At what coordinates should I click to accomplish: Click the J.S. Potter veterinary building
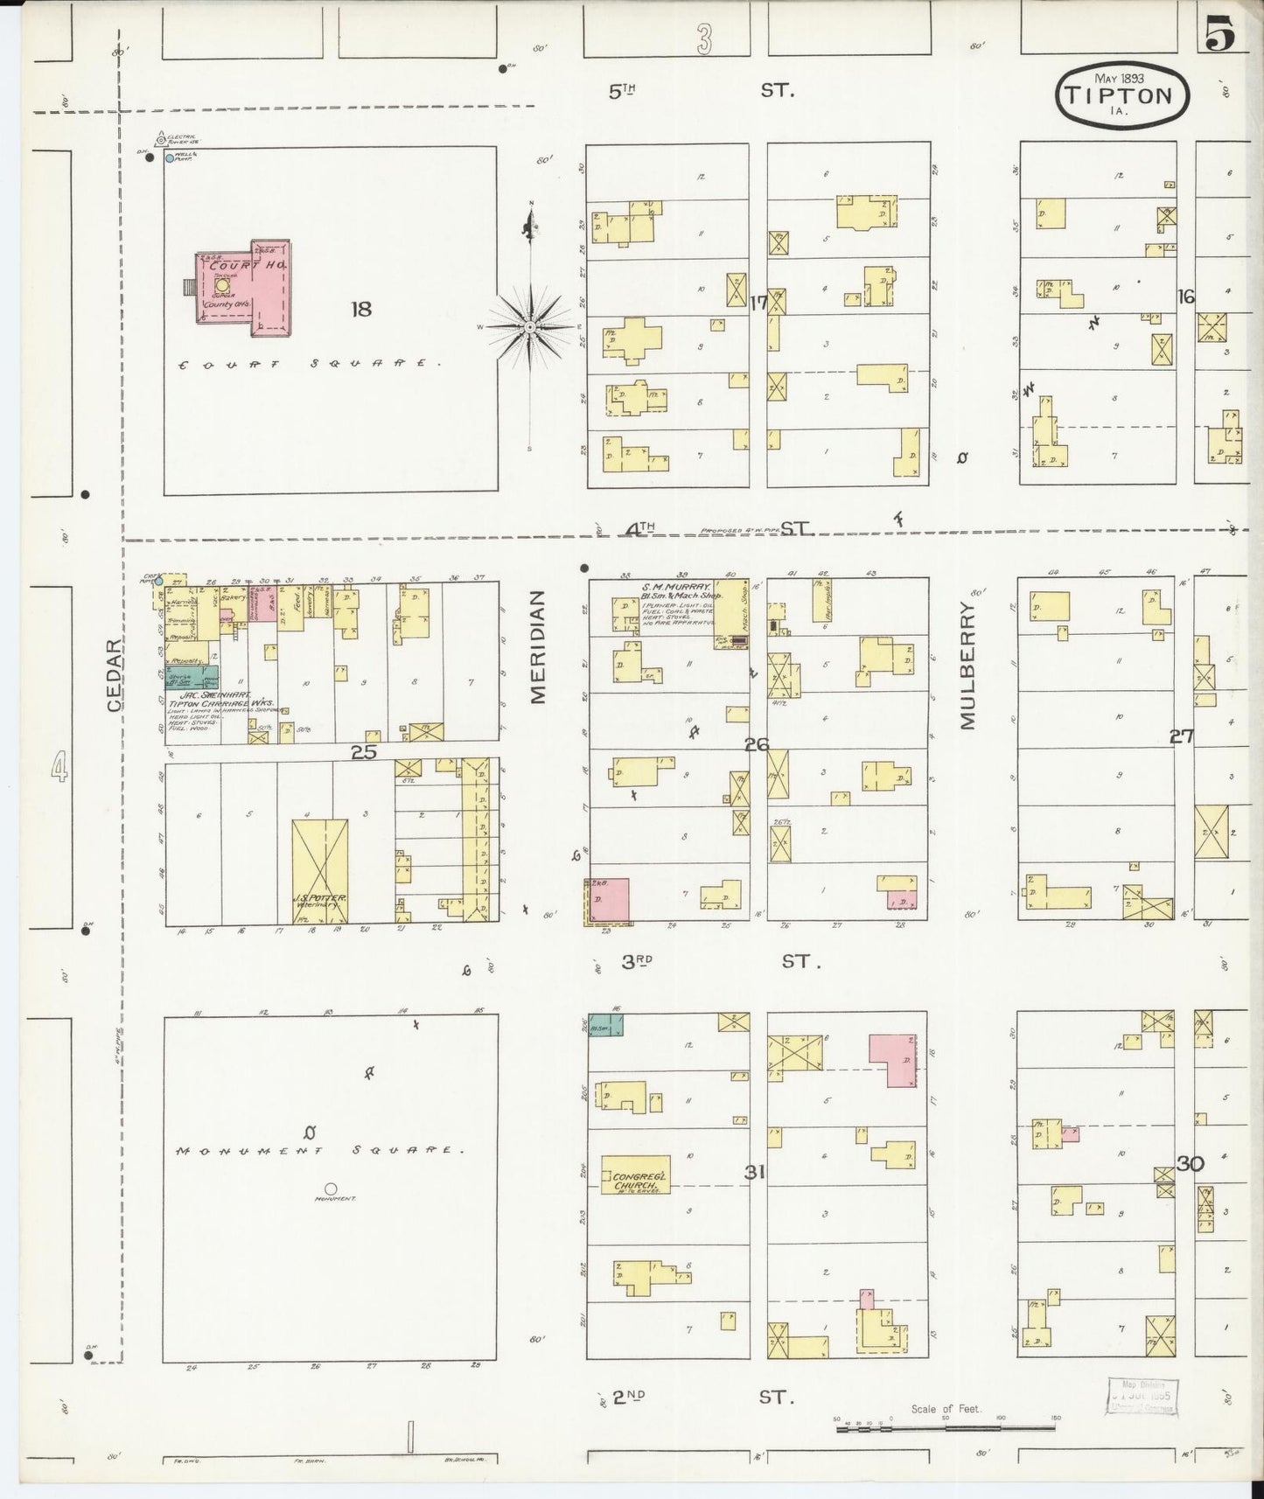pos(319,870)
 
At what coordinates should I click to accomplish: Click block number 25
pos(363,751)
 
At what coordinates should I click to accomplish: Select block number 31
pos(754,1173)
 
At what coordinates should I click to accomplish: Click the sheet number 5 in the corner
pos(1219,35)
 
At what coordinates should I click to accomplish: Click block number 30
pos(1191,1164)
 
